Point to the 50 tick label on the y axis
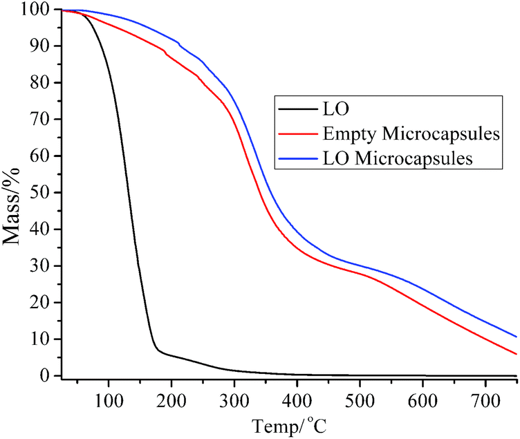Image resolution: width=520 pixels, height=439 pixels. (43, 193)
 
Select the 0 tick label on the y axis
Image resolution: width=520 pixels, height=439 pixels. (48, 376)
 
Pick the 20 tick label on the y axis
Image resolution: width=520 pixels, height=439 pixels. (43, 303)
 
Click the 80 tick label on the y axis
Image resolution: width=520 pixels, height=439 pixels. (43, 83)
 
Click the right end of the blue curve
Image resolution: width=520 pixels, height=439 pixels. (517, 337)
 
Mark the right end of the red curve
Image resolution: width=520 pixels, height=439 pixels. (517, 354)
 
